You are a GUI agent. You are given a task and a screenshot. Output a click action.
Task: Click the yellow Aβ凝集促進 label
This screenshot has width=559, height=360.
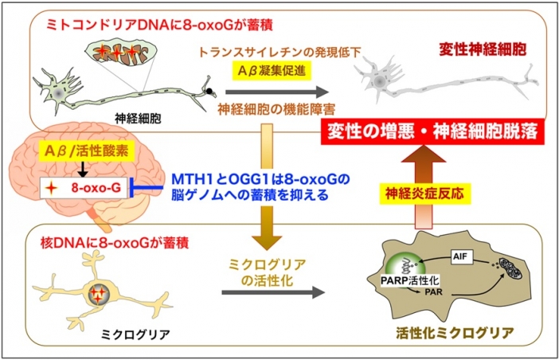pos(272,71)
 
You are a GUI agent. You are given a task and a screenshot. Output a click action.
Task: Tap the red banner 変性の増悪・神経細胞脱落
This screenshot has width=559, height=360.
pos(433,131)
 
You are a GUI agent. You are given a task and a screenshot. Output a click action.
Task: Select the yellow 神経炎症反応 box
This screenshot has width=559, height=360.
pos(425,194)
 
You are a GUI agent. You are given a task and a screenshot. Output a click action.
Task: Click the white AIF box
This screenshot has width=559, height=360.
pos(460,256)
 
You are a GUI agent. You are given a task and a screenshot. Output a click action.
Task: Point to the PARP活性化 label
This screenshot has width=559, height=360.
pos(410,280)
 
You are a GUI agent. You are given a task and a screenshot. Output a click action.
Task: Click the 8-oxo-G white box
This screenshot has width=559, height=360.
pos(83,188)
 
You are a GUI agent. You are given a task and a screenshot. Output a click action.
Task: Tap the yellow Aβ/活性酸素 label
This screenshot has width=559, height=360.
pos(82,151)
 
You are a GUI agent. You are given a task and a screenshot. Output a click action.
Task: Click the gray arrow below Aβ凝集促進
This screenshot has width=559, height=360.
pos(276,92)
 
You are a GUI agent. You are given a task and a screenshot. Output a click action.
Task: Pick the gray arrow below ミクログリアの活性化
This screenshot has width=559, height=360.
pos(273,292)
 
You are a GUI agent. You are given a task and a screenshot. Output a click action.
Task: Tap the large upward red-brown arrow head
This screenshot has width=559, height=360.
pos(424,154)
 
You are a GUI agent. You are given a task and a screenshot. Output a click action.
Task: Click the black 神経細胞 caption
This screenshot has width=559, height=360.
pos(138,118)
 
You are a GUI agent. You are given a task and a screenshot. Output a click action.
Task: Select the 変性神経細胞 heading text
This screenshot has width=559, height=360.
pos(483,50)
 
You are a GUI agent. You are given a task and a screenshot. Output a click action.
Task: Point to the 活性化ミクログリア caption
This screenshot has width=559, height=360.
pos(455,333)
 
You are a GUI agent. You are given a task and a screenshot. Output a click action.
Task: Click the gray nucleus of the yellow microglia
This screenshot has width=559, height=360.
pos(99,294)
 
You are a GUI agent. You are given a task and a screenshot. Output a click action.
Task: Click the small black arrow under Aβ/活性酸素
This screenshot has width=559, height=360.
pos(83,169)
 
